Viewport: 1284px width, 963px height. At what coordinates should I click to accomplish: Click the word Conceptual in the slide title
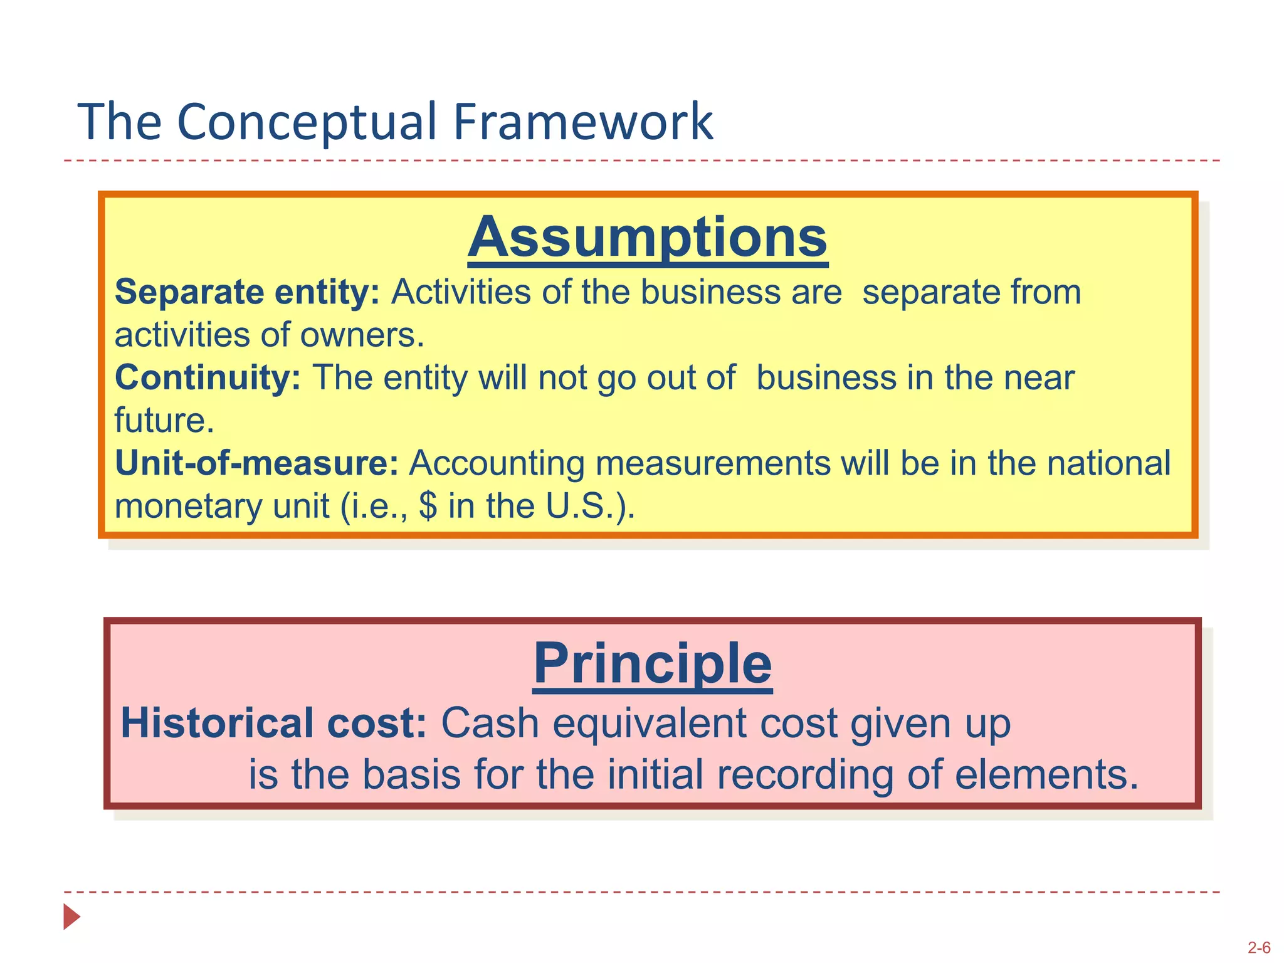click(x=306, y=122)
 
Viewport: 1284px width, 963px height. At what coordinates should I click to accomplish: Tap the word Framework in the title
click(x=582, y=122)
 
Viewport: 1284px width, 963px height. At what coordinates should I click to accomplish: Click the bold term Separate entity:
click(x=247, y=292)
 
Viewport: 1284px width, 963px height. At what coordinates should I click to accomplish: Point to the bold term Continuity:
click(x=208, y=377)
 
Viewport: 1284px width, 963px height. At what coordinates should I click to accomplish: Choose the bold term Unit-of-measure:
click(x=256, y=463)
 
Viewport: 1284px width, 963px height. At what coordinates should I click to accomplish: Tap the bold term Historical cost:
click(x=273, y=723)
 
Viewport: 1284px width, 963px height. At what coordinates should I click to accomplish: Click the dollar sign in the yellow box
click(x=428, y=506)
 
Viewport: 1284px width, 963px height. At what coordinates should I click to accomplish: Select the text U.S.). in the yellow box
click(x=590, y=506)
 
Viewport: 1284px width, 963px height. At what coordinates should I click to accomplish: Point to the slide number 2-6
click(x=1259, y=948)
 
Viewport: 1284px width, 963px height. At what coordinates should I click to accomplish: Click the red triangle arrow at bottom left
click(x=71, y=917)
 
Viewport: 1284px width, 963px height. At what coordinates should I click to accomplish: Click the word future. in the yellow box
click(x=164, y=420)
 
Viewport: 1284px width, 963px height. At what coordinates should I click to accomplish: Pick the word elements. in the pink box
click(x=1046, y=774)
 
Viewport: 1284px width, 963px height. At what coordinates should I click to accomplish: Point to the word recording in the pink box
click(x=805, y=774)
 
